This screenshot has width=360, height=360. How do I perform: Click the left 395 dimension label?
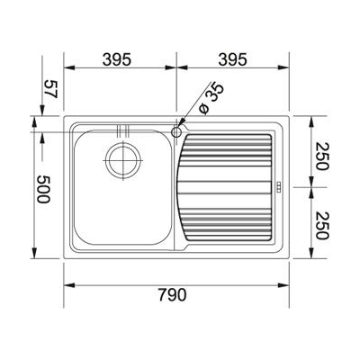[x=117, y=59]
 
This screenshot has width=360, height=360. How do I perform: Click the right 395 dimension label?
[x=232, y=59]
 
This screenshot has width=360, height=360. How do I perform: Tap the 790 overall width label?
[x=172, y=294]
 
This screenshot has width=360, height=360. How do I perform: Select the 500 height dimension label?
[x=42, y=189]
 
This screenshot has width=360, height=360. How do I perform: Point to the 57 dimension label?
[x=50, y=89]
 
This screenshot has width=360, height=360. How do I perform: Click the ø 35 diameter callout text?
[x=211, y=98]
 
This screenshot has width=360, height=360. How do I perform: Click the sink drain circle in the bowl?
[x=124, y=160]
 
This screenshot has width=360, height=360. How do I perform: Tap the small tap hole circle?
[x=176, y=131]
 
